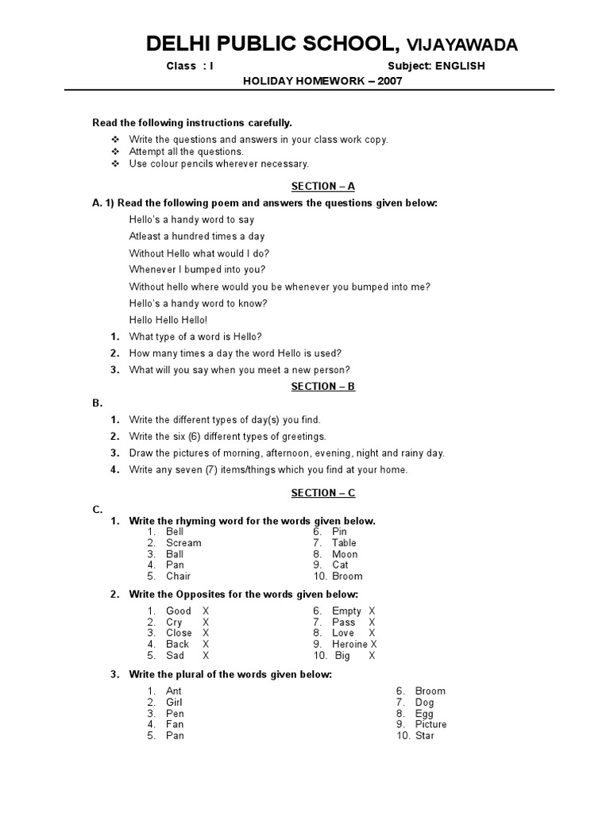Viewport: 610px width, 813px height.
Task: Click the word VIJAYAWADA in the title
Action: [x=461, y=45]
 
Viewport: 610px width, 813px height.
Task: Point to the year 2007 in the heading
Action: [x=378, y=81]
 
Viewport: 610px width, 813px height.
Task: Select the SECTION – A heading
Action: [x=322, y=186]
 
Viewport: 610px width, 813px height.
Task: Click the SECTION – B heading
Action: [x=322, y=386]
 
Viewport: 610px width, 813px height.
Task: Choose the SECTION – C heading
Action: [x=322, y=492]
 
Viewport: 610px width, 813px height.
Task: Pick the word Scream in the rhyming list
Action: [x=183, y=543]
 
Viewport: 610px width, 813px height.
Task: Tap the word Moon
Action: [x=345, y=554]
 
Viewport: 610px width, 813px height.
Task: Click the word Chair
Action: [x=178, y=576]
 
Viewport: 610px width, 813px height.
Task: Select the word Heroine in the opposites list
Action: [x=350, y=645]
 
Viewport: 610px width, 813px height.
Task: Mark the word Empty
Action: [x=346, y=611]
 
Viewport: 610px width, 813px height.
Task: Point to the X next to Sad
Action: [x=206, y=656]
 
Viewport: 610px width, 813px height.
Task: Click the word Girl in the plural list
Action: [x=174, y=703]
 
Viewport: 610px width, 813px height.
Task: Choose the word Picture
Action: [x=430, y=724]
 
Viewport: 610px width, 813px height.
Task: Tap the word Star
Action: [x=425, y=736]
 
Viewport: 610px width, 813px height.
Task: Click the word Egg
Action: [x=424, y=714]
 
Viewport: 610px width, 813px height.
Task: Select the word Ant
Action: [x=174, y=692]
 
